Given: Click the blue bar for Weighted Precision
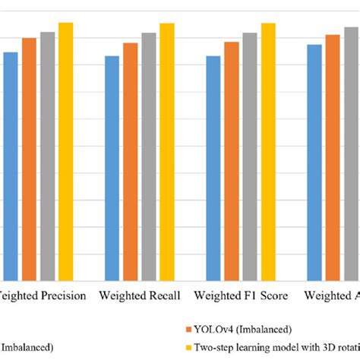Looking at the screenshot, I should (11, 166).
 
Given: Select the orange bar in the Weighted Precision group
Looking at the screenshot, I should (29, 159).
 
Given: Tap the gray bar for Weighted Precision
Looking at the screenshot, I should (47, 156).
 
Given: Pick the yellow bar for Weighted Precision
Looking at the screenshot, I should (65, 152).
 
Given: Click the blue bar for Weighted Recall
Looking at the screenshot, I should (112, 169).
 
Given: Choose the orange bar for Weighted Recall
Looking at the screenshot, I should (130, 162).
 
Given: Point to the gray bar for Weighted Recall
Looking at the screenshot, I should (148, 157).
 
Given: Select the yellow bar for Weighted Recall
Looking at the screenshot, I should (166, 152).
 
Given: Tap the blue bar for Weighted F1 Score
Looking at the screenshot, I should (213, 169).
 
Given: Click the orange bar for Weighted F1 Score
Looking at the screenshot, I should (231, 162).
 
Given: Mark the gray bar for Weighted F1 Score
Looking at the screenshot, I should (250, 157).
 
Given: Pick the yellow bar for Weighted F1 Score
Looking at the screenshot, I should (268, 152).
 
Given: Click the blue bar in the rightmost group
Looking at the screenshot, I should (314, 163).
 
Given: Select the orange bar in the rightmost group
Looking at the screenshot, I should (333, 158).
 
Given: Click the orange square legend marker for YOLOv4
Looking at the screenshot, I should (187, 330).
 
